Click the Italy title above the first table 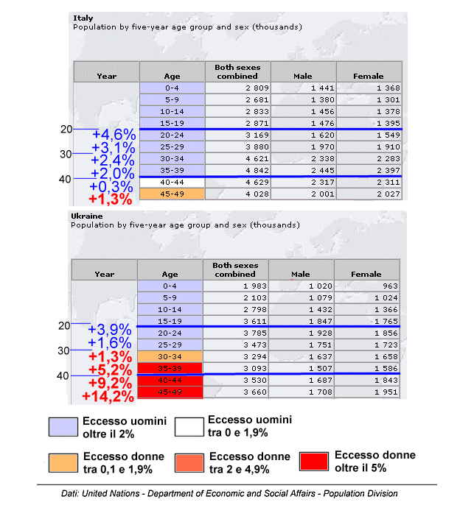(82, 17)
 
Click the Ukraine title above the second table (86, 215)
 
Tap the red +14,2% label (108, 397)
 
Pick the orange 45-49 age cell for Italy (170, 194)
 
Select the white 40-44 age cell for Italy (170, 182)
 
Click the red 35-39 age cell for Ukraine (170, 368)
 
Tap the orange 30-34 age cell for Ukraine (170, 356)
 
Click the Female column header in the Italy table (368, 76)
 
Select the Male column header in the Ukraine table (302, 274)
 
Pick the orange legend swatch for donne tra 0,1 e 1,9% (62, 462)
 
